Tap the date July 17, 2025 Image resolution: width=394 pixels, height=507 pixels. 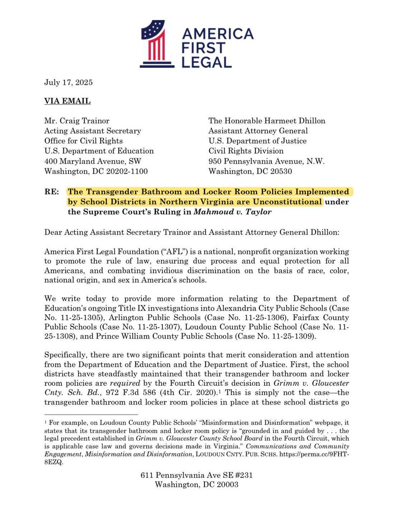tap(68, 82)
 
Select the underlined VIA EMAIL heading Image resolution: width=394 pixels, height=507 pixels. tap(67, 101)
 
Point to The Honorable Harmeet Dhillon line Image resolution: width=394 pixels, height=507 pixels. tap(267, 121)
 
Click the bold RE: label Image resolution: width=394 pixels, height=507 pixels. tap(52, 192)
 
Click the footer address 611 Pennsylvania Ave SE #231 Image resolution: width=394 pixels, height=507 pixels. tap(197, 475)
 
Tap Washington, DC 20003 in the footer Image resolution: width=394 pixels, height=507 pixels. tap(197, 485)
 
